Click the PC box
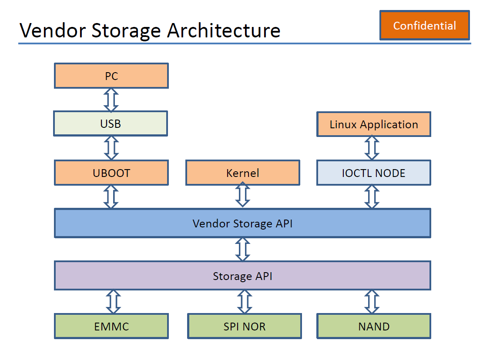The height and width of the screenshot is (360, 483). [111, 76]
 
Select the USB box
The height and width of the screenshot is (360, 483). [111, 123]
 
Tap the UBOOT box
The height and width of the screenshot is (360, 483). [111, 173]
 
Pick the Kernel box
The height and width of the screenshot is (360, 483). [242, 173]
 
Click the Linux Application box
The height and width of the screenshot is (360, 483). [373, 124]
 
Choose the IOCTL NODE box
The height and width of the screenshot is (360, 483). [373, 173]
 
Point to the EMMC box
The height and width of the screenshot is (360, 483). [111, 326]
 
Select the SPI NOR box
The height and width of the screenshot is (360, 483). [244, 326]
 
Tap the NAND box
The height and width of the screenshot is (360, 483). [373, 326]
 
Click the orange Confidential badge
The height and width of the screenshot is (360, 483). [424, 26]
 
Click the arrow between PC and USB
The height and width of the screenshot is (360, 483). [111, 100]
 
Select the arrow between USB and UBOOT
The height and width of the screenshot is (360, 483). [111, 148]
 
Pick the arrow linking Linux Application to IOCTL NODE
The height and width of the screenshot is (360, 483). [372, 148]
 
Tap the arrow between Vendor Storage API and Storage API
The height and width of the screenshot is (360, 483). [242, 249]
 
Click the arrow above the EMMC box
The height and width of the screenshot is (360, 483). [113, 302]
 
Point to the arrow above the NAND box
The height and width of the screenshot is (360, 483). [372, 302]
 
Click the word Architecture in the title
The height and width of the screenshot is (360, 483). [224, 30]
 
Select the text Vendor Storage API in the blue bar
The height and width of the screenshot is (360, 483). [242, 223]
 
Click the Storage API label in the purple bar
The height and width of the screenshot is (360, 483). [242, 276]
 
